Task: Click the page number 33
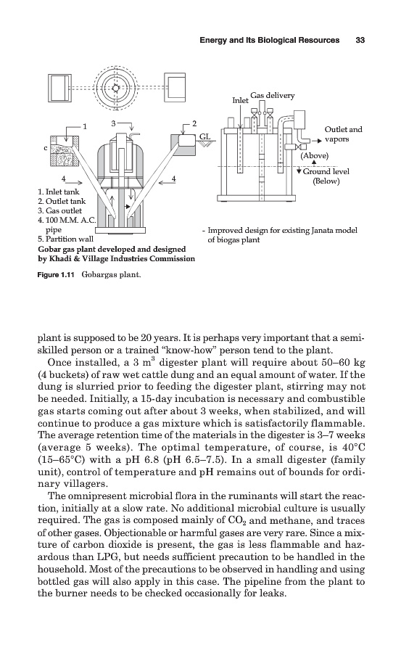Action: click(360, 40)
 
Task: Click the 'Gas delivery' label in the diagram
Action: click(273, 95)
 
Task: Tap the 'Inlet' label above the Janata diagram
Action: click(240, 100)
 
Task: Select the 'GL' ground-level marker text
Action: click(204, 136)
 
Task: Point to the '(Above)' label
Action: click(315, 156)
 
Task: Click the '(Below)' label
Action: click(326, 181)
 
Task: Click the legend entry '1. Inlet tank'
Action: click(58, 192)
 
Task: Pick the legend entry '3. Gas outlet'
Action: click(59, 210)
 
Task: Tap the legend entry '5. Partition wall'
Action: click(65, 239)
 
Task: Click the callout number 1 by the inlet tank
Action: click(85, 126)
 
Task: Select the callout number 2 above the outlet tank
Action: click(194, 123)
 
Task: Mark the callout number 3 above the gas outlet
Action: click(114, 123)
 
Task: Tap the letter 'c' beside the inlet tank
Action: click(47, 147)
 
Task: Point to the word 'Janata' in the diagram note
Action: click(323, 230)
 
